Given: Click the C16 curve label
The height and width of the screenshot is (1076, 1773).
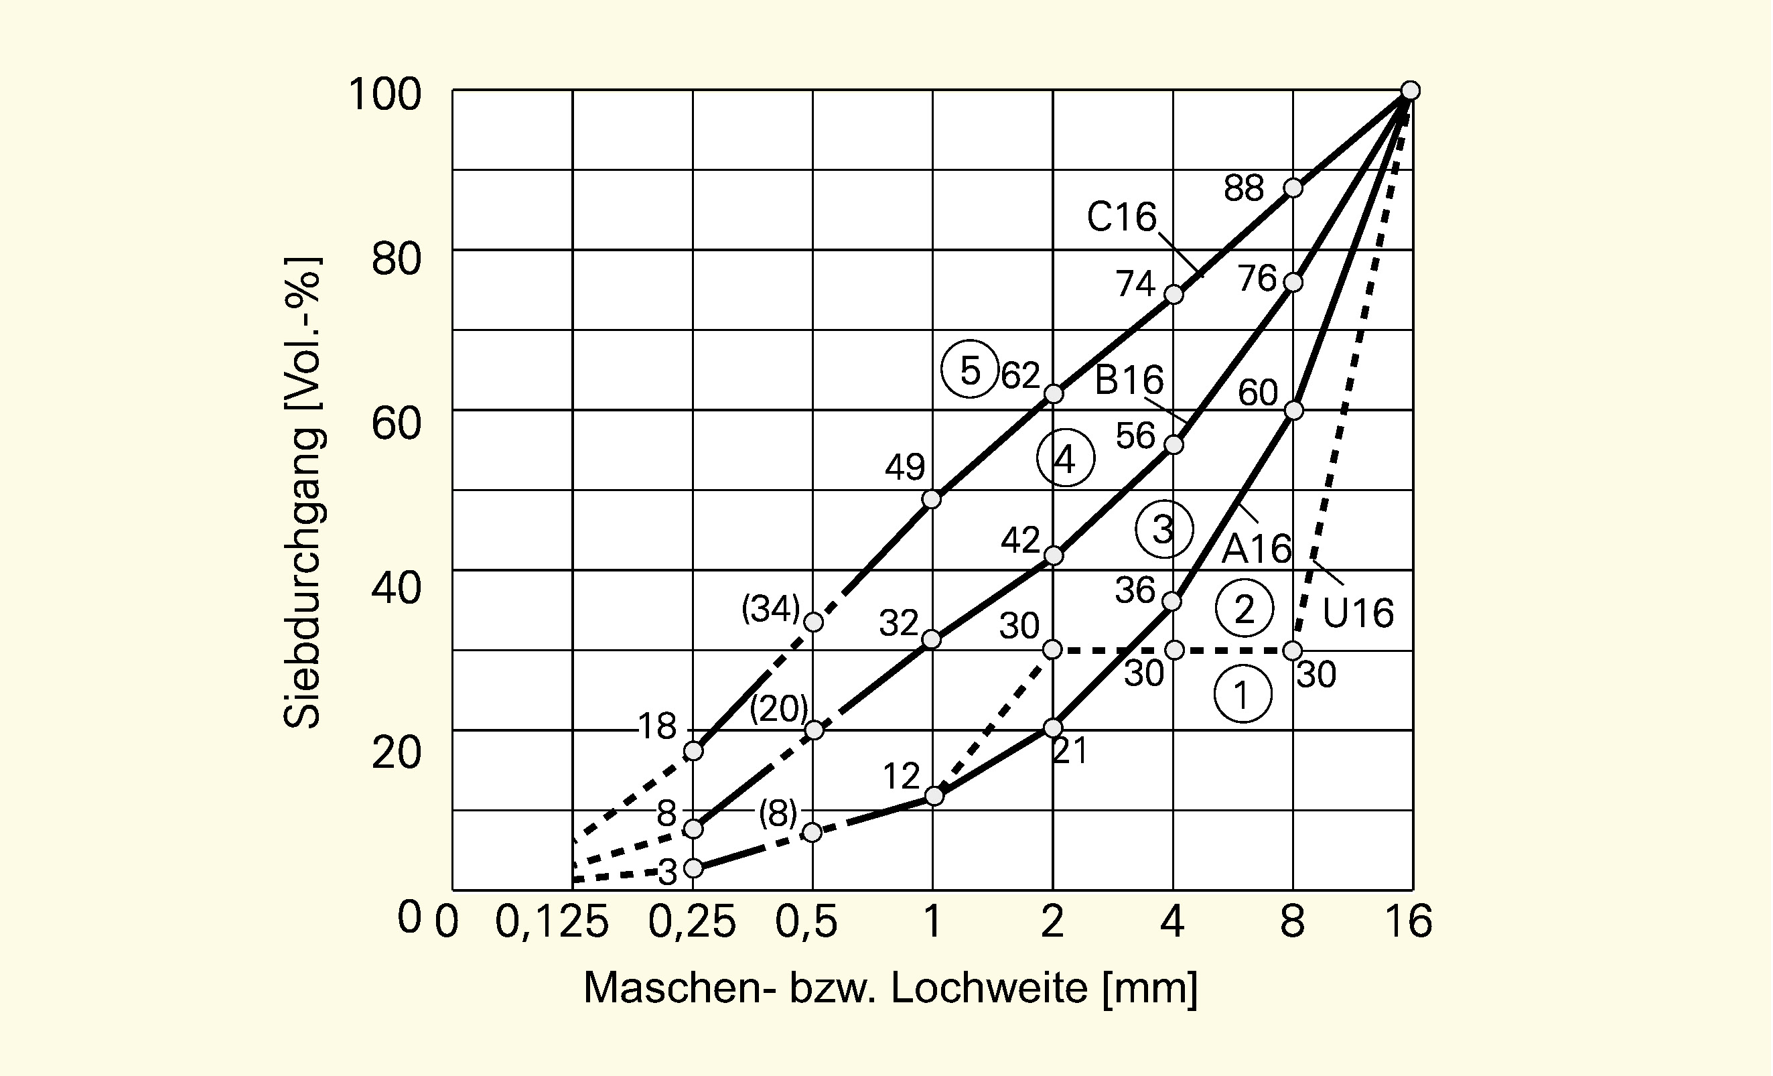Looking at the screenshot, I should pos(1121,216).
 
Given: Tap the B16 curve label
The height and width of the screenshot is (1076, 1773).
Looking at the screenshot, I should pos(1128,380).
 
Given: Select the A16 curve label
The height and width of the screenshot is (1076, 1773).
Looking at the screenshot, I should pos(1257,549).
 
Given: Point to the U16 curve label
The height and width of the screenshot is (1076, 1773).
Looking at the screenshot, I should pos(1358,613).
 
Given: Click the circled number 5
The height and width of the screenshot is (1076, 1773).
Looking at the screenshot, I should pos(970,370).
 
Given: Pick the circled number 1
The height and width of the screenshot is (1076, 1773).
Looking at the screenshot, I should pos(1242,695).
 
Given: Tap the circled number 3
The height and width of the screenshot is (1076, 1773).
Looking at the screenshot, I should pos(1163,529).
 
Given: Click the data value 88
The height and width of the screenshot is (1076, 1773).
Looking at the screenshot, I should pos(1243,188).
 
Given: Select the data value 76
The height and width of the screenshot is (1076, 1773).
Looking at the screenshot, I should pos(1257,279).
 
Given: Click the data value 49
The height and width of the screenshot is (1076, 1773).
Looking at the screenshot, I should pos(904,468).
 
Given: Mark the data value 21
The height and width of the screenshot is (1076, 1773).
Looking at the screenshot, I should pos(1070,752).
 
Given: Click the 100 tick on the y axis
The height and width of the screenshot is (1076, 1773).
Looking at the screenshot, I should pos(384,94).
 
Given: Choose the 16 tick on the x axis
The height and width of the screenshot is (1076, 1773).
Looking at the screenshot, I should pos(1409,922).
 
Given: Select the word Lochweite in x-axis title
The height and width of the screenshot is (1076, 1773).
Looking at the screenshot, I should pos(989,988).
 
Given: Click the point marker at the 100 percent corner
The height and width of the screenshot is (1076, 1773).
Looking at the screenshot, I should pos(1411,90).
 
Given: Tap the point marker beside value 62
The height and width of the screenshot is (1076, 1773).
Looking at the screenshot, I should pos(1054,394).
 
